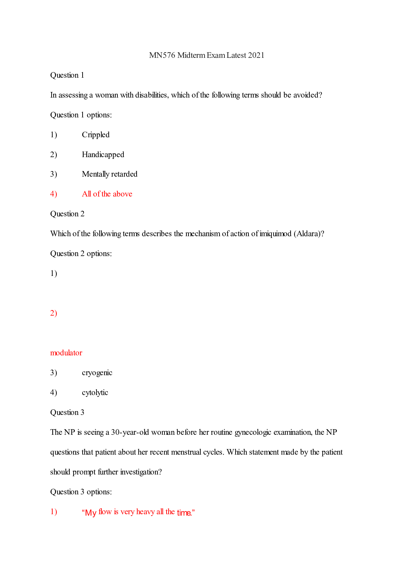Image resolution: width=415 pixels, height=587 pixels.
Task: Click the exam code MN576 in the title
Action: (x=162, y=55)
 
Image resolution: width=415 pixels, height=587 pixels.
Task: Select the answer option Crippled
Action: (x=95, y=135)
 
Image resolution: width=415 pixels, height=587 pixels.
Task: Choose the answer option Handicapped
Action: (x=103, y=155)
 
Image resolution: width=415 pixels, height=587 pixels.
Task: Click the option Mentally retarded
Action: (x=109, y=174)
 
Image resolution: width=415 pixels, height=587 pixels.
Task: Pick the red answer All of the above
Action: (x=107, y=194)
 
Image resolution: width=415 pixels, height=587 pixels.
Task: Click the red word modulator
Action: (x=66, y=353)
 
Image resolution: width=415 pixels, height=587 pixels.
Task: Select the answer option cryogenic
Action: (x=97, y=373)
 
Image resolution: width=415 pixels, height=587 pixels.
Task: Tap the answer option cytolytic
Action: (x=95, y=393)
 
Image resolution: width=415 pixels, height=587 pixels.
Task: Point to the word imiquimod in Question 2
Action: (x=275, y=234)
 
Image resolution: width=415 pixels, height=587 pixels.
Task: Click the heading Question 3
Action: (x=67, y=412)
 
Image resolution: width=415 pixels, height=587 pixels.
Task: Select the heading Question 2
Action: (x=67, y=214)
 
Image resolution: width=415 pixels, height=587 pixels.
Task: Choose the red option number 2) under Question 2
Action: (x=54, y=313)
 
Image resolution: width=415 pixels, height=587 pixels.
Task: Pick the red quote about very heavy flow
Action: (x=138, y=512)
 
